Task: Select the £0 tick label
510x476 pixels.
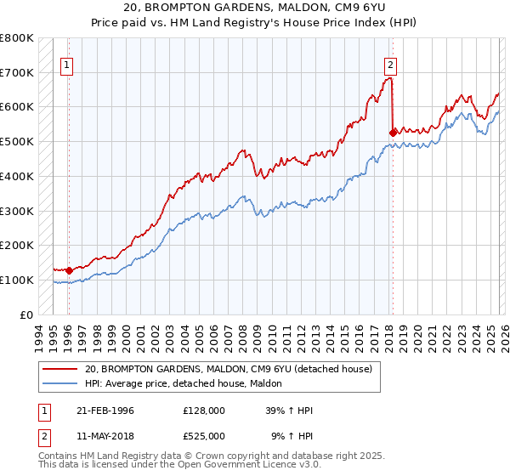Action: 25,314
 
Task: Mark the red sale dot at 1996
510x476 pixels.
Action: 69,270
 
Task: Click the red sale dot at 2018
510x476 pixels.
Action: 392,133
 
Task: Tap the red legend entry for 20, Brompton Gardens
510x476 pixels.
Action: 228,370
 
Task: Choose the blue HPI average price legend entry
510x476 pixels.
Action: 189,384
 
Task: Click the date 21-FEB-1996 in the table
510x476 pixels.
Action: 110,411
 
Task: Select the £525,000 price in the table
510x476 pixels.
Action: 203,436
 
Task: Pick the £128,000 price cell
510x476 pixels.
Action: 203,411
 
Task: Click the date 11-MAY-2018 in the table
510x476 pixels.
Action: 110,436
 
